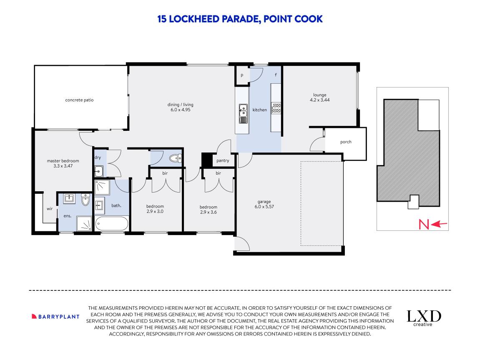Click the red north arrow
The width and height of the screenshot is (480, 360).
click(439, 225)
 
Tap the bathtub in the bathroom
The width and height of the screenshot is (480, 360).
click(111, 224)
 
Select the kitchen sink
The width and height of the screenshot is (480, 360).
click(244, 113)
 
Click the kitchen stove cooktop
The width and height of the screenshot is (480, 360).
click(276, 108)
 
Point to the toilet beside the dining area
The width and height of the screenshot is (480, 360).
click(176, 158)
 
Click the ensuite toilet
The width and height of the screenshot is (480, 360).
click(85, 200)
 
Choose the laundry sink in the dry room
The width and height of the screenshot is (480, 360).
click(98, 171)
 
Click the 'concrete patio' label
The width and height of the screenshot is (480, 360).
click(79, 100)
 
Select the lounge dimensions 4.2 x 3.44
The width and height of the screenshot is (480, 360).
click(319, 100)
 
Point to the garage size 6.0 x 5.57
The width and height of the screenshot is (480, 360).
click(264, 206)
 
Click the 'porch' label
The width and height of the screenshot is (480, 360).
click(346, 142)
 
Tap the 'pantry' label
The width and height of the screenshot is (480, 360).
click(223, 160)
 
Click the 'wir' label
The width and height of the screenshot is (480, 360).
click(50, 209)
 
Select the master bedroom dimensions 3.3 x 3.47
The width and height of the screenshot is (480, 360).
click(63, 166)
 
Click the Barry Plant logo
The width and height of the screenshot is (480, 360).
click(55, 317)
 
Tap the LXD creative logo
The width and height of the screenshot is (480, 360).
click(424, 318)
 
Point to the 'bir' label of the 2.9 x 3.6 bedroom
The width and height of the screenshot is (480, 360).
click(218, 173)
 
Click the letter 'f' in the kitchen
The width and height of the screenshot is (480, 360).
click(276, 74)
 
